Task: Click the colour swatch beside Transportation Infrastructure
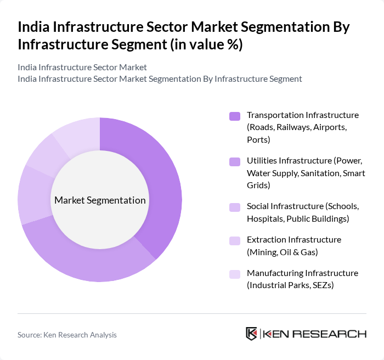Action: [235, 116]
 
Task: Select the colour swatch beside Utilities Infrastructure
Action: [235, 161]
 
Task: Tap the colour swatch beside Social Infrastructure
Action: [235, 207]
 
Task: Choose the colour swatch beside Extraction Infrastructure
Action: [235, 240]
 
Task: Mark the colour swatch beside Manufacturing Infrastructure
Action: [235, 274]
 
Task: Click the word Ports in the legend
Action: [258, 139]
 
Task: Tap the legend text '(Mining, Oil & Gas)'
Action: [282, 252]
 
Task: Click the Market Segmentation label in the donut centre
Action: [100, 200]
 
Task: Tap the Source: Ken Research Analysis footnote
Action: [67, 334]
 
